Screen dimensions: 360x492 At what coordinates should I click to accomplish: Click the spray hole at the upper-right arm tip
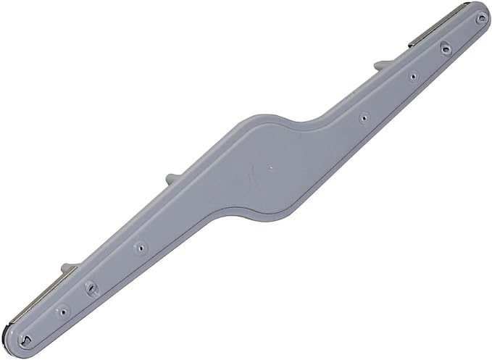point(480,19)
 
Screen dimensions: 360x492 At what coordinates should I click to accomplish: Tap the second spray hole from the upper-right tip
point(446,48)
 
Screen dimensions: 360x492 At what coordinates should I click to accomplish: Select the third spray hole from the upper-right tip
point(412,75)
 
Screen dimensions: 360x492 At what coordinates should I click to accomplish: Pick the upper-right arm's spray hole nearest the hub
point(364,117)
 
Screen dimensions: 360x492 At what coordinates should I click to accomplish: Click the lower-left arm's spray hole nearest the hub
point(141,248)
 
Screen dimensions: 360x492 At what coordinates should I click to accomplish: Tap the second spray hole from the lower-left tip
point(63,312)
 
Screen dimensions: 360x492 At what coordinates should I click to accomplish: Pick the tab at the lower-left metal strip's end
point(68,268)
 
